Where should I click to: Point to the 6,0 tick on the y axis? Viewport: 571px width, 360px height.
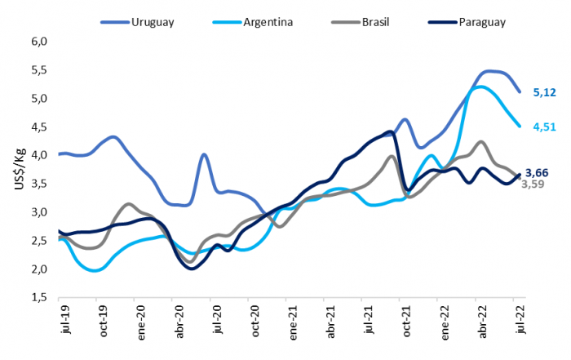[40, 42]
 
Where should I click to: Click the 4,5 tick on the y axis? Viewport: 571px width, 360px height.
[40, 127]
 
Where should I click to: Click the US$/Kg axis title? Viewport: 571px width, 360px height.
[18, 170]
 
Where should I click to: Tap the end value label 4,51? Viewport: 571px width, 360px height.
[544, 127]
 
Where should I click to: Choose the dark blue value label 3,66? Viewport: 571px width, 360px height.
[536, 172]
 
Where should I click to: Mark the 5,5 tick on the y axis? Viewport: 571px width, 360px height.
[40, 70]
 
